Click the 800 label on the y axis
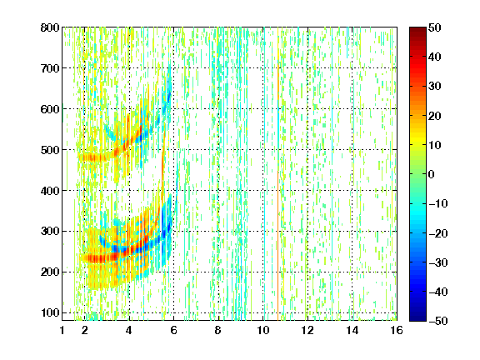click(x=50, y=27)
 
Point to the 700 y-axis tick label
click(x=50, y=68)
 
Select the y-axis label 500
click(x=50, y=150)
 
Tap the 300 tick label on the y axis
click(x=50, y=231)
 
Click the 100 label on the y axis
click(x=50, y=312)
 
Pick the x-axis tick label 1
click(x=62, y=330)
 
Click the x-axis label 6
click(x=173, y=330)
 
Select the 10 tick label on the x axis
click(x=263, y=330)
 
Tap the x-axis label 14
click(x=352, y=330)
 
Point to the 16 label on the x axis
click(x=397, y=330)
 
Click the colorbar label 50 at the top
click(x=435, y=27)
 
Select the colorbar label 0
click(x=432, y=174)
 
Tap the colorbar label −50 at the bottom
click(x=438, y=321)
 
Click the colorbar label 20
click(x=435, y=116)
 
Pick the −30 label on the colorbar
click(x=438, y=262)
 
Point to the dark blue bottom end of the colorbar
click(x=417, y=318)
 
